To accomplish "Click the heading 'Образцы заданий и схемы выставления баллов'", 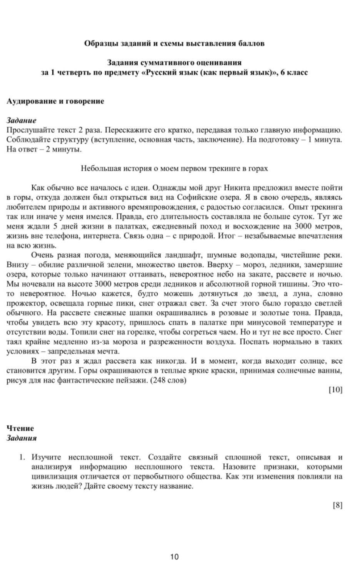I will pyautogui.click(x=174, y=43).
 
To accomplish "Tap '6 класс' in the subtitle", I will pyautogui.click(x=294, y=73).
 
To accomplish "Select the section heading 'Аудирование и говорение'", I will pyautogui.click(x=55, y=102).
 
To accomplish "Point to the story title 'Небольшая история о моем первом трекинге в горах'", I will pyautogui.click(x=174, y=169).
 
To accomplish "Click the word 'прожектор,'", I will pyautogui.click(x=24, y=303).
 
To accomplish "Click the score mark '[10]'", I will pyautogui.click(x=335, y=390).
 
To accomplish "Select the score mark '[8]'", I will pyautogui.click(x=337, y=505).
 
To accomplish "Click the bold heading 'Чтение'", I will pyautogui.click(x=20, y=428).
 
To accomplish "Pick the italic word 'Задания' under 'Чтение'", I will pyautogui.click(x=22, y=438).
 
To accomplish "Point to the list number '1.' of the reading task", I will pyautogui.click(x=22, y=457).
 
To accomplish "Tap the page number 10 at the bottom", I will pyautogui.click(x=174, y=556).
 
